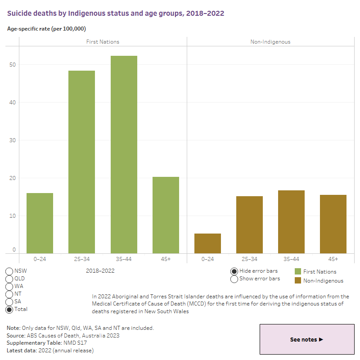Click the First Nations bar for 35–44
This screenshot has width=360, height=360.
(x=124, y=154)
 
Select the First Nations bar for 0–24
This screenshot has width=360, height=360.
(x=40, y=223)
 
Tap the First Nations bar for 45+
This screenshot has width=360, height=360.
(x=166, y=215)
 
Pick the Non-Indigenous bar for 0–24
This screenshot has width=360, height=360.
(x=207, y=243)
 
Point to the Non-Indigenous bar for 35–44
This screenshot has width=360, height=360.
(x=291, y=222)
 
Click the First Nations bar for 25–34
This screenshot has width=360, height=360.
(x=81, y=162)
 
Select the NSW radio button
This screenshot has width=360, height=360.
(x=9, y=271)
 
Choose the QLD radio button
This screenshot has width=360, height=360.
(x=9, y=279)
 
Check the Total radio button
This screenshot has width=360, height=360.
(x=9, y=309)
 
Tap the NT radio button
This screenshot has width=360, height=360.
(x=9, y=294)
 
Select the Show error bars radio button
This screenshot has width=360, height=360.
(x=234, y=279)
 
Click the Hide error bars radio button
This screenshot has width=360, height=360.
(x=234, y=271)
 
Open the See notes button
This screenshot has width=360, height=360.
(x=307, y=339)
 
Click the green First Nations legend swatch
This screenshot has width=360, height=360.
(x=298, y=271)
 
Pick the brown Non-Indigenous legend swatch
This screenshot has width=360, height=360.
(x=298, y=280)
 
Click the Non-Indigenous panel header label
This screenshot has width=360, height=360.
(x=270, y=42)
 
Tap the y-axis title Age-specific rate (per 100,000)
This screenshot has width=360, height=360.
(x=46, y=29)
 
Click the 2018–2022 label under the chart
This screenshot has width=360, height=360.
(x=100, y=271)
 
